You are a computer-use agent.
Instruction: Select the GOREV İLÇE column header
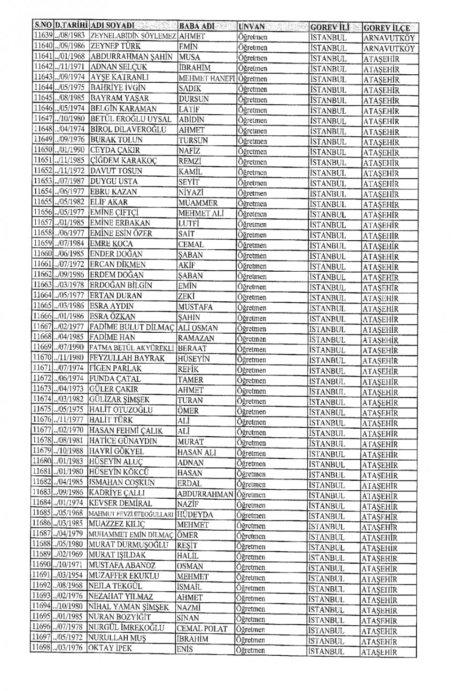[387, 28]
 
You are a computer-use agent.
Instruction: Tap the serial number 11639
[43, 36]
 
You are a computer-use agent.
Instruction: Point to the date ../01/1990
[70, 150]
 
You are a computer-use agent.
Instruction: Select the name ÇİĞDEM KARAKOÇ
[124, 160]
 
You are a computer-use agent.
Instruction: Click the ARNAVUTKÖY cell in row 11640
[389, 48]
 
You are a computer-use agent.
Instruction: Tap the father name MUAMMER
[198, 203]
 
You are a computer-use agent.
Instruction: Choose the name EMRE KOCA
[111, 243]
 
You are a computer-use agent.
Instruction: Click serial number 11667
[42, 326]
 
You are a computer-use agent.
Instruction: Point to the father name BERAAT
[192, 348]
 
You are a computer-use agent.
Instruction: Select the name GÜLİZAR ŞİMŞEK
[119, 400]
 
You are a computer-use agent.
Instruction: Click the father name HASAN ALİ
[196, 452]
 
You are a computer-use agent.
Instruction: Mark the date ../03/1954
[69, 575]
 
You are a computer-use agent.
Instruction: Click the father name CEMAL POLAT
[202, 628]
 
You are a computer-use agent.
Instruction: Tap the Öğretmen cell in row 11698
[250, 651]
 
